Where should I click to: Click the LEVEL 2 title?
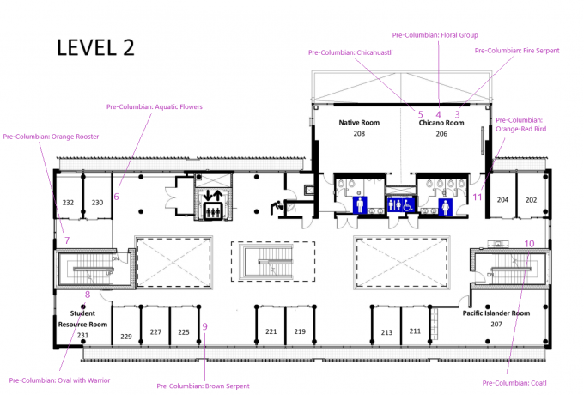(95, 47)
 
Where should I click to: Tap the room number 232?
(68, 203)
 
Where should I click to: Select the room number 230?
(97, 203)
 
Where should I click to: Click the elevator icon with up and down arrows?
(213, 204)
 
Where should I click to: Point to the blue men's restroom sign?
(360, 205)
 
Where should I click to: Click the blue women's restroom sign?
(446, 207)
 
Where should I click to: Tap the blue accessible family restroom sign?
(401, 204)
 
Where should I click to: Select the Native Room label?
(359, 123)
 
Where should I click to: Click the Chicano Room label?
(441, 123)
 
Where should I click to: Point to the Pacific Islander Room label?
(496, 313)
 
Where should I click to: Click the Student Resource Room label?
(82, 319)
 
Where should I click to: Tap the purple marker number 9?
(204, 326)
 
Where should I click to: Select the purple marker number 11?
(478, 197)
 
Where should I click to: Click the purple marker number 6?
(116, 197)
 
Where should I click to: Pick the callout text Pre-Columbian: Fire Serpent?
(517, 51)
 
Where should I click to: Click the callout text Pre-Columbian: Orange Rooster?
(51, 137)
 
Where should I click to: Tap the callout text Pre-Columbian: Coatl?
(514, 383)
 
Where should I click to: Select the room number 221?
(271, 331)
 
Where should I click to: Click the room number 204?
(502, 200)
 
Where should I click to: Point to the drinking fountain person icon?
(277, 207)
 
